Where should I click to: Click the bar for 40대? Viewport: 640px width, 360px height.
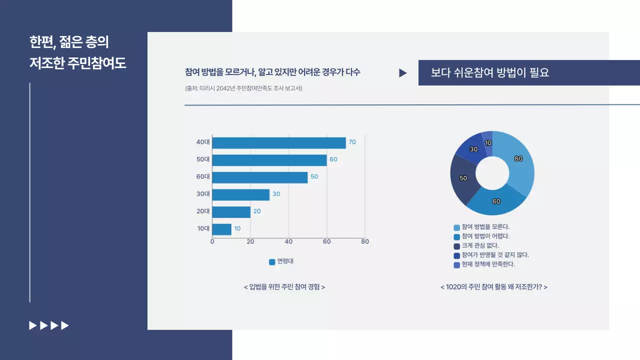pos(278,142)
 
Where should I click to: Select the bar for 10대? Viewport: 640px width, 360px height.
pos(221,229)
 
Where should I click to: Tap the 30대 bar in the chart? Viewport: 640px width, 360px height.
pos(240,194)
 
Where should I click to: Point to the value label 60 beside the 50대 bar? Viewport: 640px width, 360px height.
pos(333,159)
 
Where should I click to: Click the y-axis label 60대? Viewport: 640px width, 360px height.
pos(203,177)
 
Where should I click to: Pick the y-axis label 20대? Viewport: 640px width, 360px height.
pos(203,211)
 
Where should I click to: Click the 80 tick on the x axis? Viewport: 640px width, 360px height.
pos(365,241)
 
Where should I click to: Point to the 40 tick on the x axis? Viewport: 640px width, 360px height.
pos(288,241)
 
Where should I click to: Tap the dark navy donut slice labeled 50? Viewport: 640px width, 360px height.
pos(463,178)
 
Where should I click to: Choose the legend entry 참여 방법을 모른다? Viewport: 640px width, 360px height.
pos(485,227)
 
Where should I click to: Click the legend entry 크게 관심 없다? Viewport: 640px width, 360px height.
pos(480,245)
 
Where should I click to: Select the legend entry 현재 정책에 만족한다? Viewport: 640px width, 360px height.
pos(488,264)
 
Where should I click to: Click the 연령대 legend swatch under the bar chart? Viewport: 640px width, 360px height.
pos(272,261)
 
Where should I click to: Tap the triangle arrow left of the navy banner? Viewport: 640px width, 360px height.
pos(402,73)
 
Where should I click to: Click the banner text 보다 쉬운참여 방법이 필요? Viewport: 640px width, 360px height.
pos(490,73)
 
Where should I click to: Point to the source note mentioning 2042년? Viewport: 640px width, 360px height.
pos(243,88)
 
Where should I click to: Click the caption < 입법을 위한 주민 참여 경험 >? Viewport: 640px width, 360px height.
pos(284,287)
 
